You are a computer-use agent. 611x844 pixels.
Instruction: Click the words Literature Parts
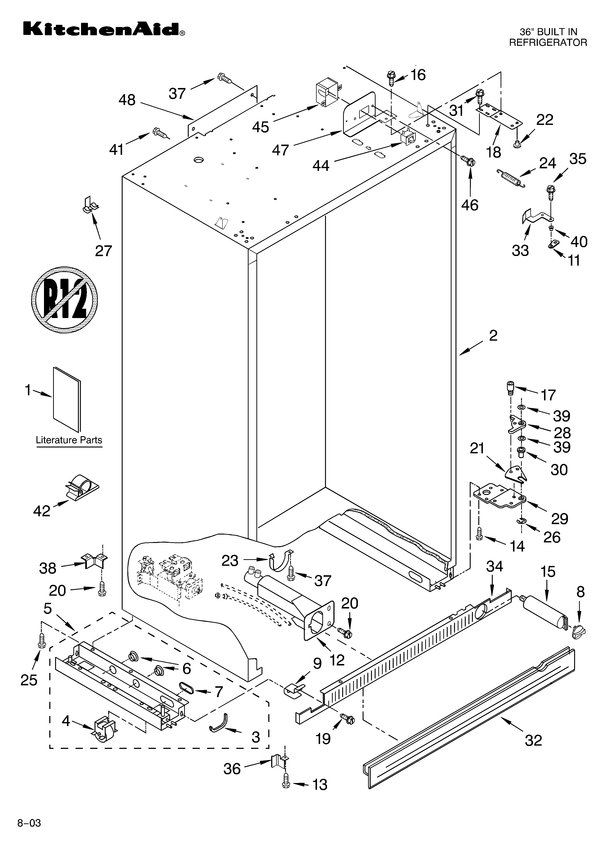(x=69, y=440)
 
